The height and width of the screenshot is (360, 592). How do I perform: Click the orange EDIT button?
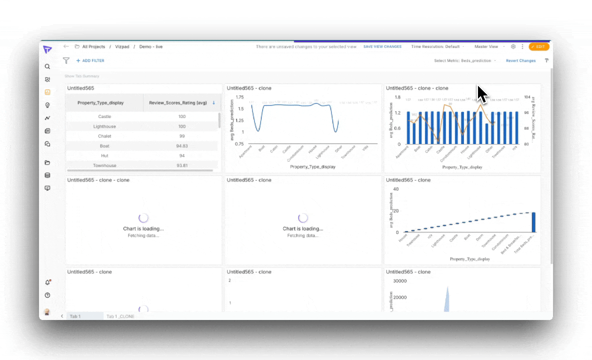(539, 46)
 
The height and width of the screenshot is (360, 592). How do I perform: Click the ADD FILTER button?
(90, 60)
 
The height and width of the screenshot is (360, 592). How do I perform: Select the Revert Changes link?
(520, 60)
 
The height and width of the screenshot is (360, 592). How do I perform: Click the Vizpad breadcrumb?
(122, 46)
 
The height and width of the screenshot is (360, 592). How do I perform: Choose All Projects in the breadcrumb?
(93, 46)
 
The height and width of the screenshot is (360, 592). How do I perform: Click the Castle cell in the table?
(105, 116)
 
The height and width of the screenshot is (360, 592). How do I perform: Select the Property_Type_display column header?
(100, 102)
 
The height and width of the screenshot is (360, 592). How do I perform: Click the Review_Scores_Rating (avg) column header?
(178, 102)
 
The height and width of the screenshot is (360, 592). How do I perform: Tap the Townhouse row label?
(105, 165)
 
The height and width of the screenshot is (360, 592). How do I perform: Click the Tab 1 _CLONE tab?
(120, 316)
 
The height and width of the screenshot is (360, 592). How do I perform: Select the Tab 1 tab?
(75, 316)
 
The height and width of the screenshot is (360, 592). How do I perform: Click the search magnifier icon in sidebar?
(47, 66)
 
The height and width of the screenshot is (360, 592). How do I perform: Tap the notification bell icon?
(47, 282)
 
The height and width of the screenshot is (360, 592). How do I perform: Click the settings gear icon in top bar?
(513, 46)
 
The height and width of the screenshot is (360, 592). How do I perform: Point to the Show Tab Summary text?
(82, 76)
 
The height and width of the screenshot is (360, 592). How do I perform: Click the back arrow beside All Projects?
(66, 46)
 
